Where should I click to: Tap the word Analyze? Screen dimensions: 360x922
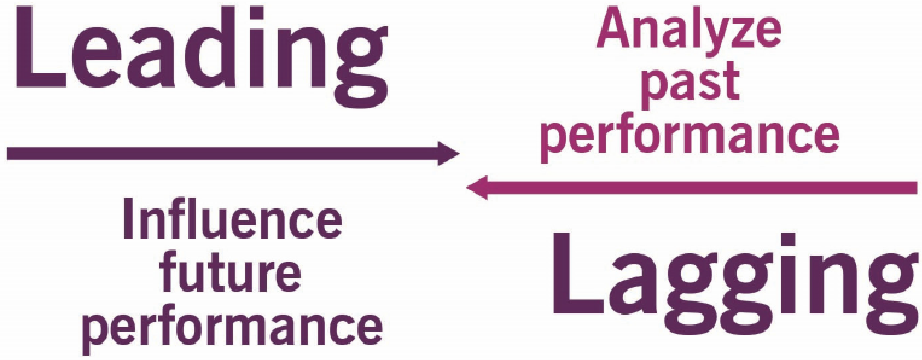click(688, 30)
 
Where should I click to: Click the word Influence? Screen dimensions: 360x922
click(232, 220)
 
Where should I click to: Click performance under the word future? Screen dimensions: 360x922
click(232, 326)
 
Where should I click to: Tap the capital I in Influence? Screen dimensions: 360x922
click(129, 220)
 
